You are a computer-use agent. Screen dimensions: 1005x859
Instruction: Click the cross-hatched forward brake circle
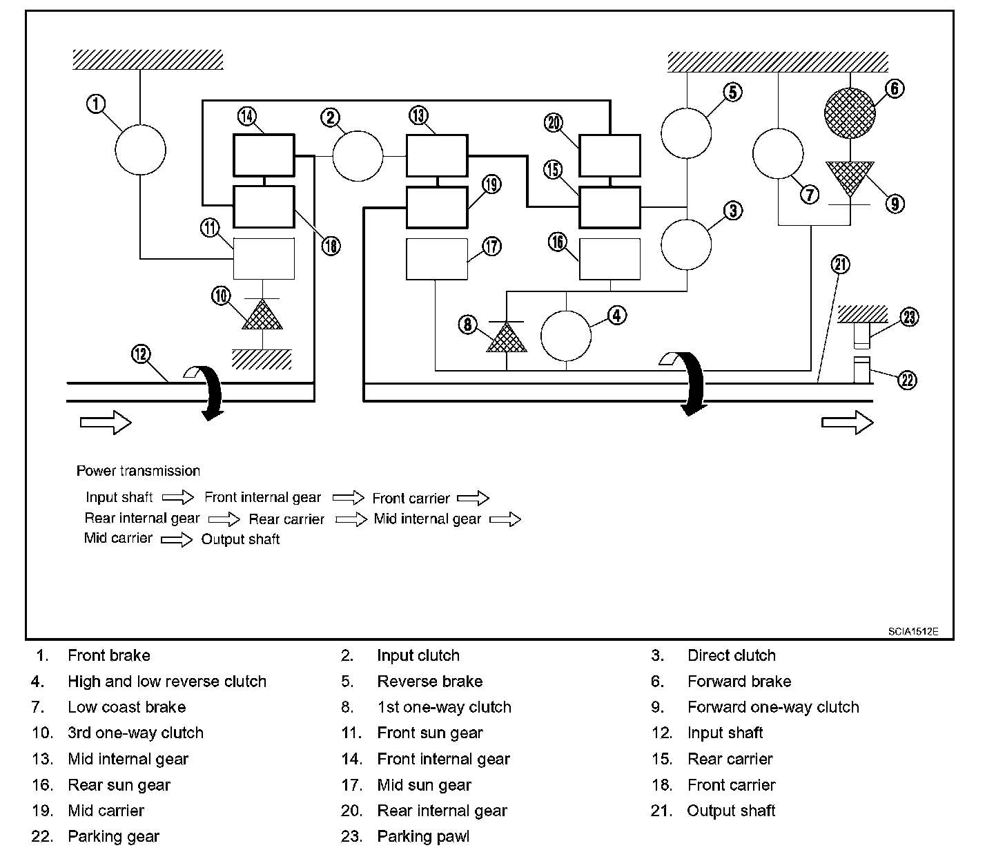point(850,113)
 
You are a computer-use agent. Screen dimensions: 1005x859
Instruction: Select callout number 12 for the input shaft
point(141,354)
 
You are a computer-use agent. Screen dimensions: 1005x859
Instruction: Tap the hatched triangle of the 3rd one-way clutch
point(262,314)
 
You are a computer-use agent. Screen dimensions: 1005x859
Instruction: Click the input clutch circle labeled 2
point(358,156)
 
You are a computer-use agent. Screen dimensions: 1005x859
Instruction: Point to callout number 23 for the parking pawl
point(909,318)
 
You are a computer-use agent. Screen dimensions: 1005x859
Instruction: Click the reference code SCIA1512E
point(913,631)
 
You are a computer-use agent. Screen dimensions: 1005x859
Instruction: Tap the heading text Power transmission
point(138,471)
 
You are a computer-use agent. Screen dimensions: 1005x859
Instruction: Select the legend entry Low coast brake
point(127,707)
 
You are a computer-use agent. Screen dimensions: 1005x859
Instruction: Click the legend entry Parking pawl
point(423,836)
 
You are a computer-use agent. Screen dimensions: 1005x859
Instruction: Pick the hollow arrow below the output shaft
point(848,422)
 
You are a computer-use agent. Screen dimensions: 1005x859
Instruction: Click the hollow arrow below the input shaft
point(106,422)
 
